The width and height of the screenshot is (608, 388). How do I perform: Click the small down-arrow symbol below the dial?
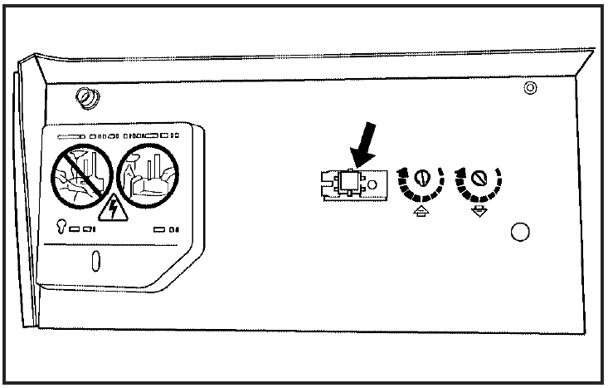coord(479,213)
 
